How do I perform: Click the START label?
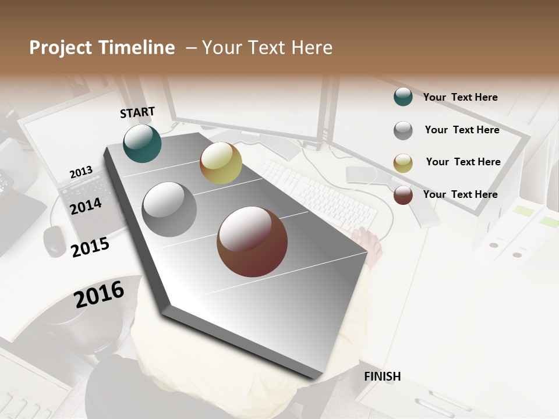137,112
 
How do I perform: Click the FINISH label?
383,377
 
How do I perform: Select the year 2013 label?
81,172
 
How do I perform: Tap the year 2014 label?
86,206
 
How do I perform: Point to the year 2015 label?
90,247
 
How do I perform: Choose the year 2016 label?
99,294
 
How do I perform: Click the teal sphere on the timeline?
143,144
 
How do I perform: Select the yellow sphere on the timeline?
221,163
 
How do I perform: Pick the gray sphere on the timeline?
169,210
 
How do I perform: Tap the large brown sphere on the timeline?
252,242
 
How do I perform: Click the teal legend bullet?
403,97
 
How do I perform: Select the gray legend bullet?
403,130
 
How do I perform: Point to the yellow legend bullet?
403,163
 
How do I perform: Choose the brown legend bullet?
403,195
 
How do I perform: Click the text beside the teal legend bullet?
460,97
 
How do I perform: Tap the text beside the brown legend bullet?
460,194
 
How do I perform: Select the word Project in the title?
61,48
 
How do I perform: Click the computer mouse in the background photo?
55,240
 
